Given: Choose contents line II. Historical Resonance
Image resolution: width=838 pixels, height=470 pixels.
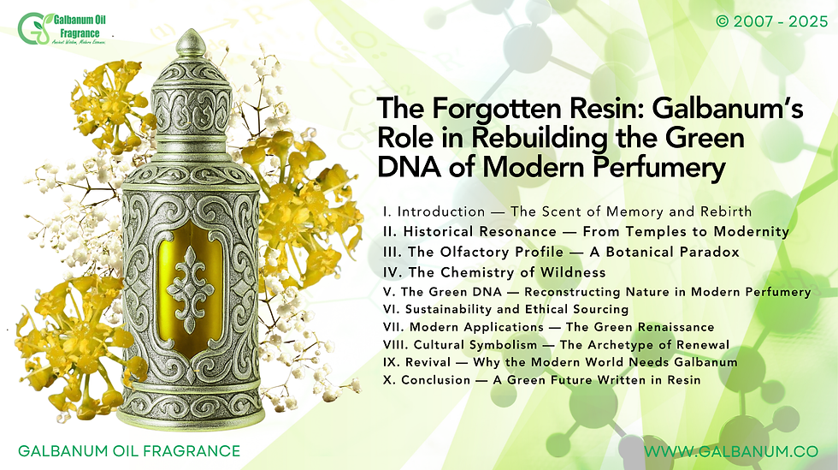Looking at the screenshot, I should point(587,232).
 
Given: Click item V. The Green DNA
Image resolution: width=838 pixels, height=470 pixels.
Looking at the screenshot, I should point(597,292).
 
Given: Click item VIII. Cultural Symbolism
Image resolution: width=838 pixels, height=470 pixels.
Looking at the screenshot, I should point(556,345).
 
